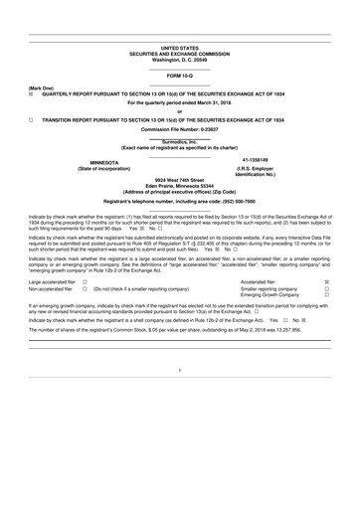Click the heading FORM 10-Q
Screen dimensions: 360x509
pyautogui.click(x=180, y=76)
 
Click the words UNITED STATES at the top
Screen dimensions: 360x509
pyautogui.click(x=180, y=47)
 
